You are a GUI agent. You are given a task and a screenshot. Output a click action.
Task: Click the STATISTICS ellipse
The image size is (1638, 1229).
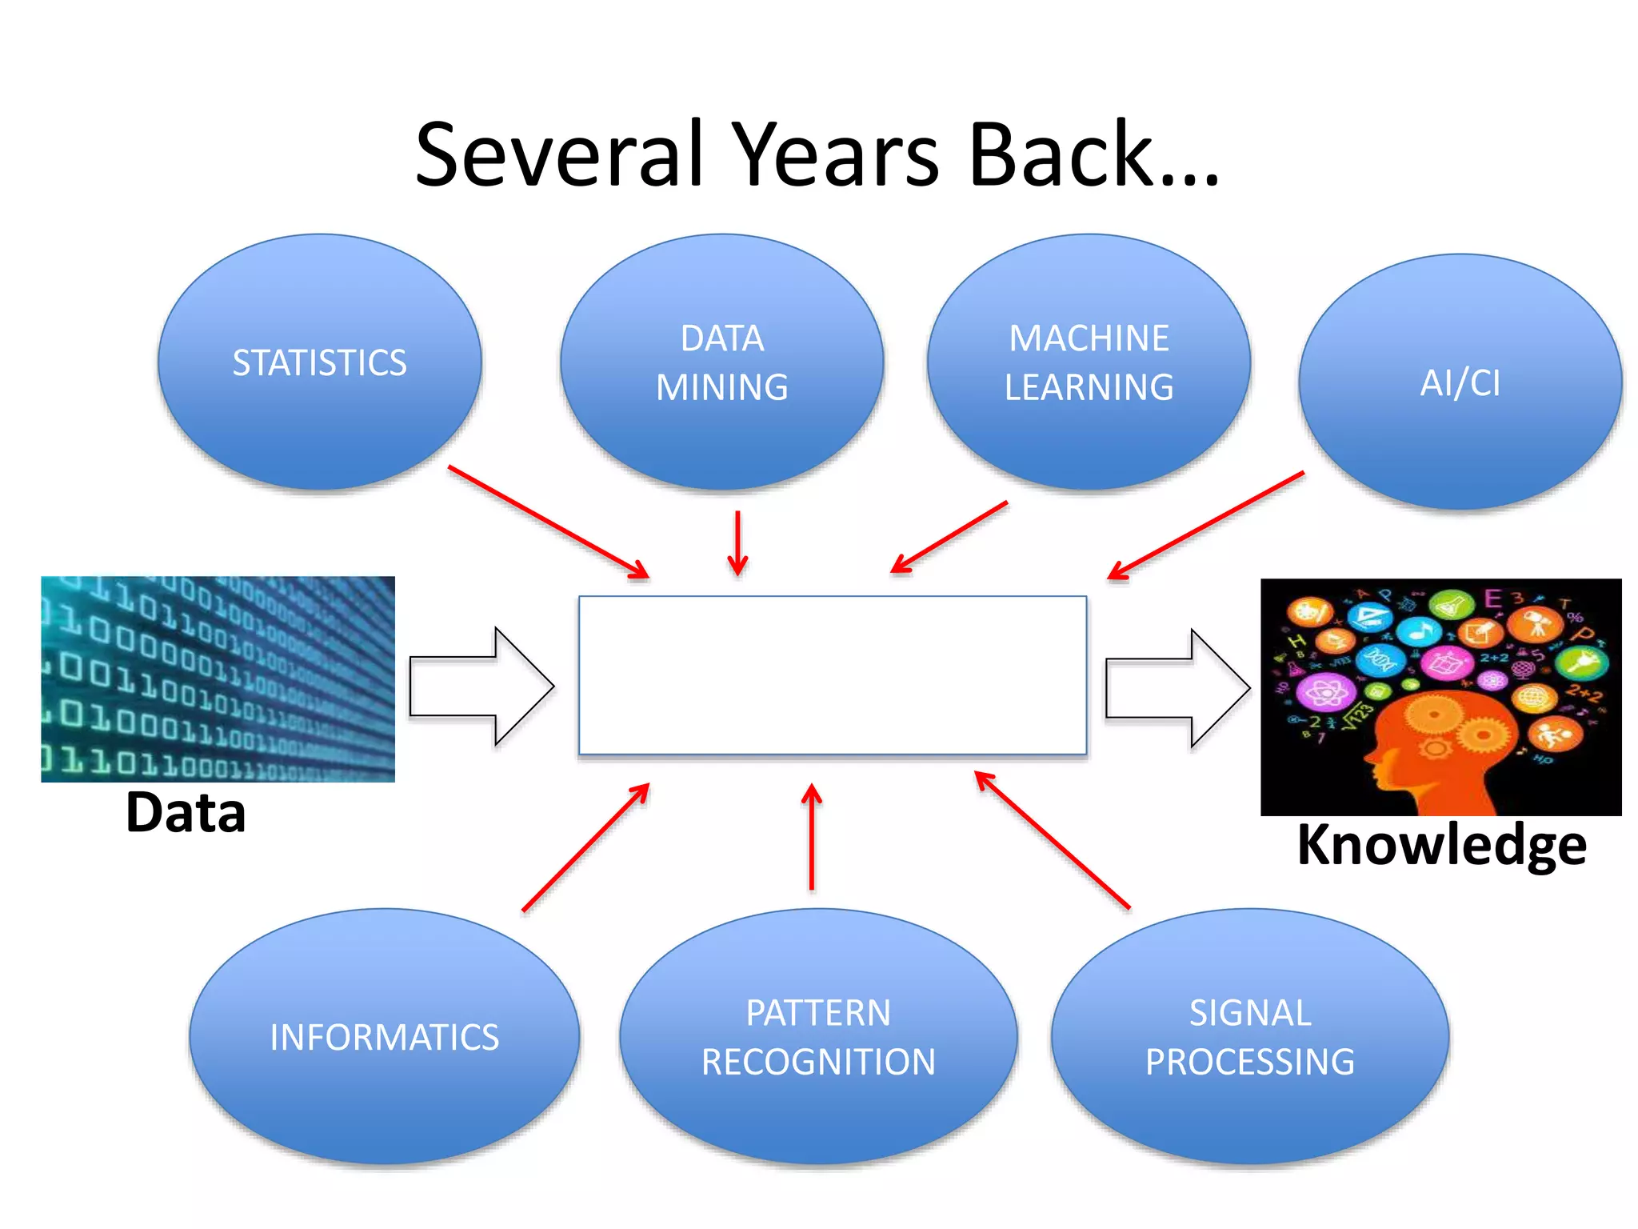coord(319,362)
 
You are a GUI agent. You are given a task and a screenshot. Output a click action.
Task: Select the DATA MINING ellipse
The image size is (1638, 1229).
coord(721,362)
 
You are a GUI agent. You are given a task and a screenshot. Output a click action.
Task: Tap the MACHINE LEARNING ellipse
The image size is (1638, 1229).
coord(1089,362)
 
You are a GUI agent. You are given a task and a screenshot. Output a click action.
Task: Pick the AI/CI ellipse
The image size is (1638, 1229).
coord(1460,382)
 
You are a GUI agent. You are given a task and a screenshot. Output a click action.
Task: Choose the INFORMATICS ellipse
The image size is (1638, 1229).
coord(384,1036)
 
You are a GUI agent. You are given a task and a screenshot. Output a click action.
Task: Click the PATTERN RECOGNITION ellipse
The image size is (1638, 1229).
coord(818,1036)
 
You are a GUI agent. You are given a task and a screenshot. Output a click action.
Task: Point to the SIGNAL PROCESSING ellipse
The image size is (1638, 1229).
coord(1249,1036)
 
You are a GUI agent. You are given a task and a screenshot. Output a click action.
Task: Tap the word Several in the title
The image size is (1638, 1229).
coord(558,154)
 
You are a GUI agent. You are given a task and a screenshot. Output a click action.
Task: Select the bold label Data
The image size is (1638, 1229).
coord(186,813)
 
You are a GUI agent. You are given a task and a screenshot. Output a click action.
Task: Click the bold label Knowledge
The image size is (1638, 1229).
coord(1441,845)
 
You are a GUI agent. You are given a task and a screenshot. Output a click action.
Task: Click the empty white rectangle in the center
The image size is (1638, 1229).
coord(832,675)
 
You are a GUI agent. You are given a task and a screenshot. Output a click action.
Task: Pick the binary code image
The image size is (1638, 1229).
coord(218,679)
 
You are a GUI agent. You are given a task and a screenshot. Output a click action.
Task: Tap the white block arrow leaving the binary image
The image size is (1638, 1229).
coord(480,687)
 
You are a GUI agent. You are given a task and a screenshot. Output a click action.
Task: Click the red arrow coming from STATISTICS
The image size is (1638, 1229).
coord(549,522)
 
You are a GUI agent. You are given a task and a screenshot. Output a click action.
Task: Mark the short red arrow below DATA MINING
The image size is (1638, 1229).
coord(737,542)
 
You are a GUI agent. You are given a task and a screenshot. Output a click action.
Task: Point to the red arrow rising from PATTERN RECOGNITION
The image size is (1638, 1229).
coord(812,836)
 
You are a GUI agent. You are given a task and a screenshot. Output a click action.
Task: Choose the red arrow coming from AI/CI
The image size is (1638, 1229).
coord(1206,525)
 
